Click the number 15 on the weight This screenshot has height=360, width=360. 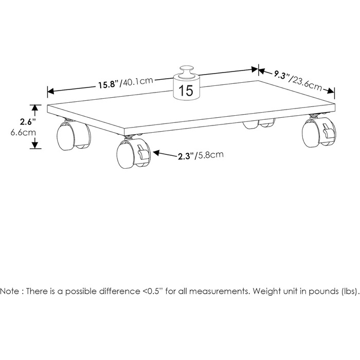(x=186, y=91)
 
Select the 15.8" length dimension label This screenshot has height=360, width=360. (x=109, y=84)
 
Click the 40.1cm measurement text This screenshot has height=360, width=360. (x=137, y=81)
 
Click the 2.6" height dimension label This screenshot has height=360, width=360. (x=28, y=122)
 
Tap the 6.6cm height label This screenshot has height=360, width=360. (x=23, y=133)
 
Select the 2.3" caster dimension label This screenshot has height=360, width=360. (x=186, y=156)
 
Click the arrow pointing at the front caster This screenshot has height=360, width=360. (x=165, y=154)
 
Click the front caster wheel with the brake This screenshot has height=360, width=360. (x=134, y=153)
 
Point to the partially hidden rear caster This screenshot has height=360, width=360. (x=259, y=123)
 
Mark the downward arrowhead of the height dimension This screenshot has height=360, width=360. (x=35, y=145)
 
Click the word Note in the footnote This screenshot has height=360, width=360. (x=10, y=292)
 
